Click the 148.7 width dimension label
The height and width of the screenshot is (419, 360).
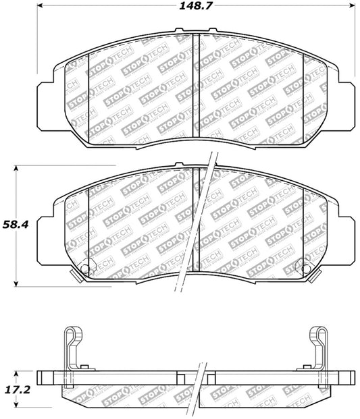click(x=195, y=5)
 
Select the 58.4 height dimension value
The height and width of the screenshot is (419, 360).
click(x=16, y=225)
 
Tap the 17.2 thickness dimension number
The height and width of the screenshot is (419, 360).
click(x=18, y=390)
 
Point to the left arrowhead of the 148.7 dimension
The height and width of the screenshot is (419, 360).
click(x=40, y=5)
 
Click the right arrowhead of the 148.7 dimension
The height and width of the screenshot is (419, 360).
click(x=352, y=5)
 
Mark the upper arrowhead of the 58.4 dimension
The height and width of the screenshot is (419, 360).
click(x=16, y=169)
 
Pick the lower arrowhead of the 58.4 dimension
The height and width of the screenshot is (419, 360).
click(x=16, y=284)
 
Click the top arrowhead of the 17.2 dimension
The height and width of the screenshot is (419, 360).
click(x=16, y=374)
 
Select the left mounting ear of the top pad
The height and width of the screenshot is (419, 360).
click(x=45, y=107)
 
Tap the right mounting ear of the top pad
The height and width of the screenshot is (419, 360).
click(x=346, y=107)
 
